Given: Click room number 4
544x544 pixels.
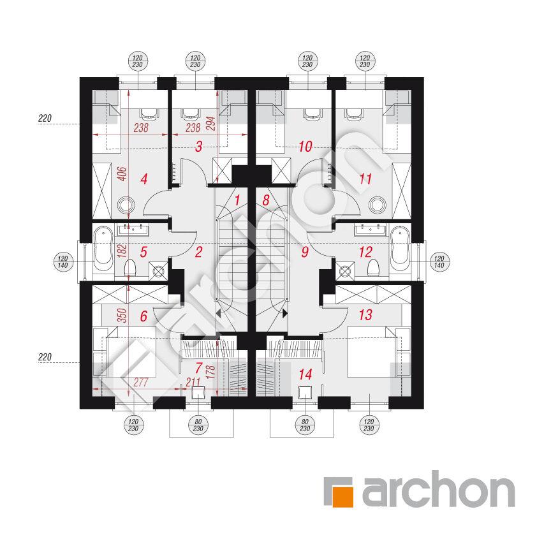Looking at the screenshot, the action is coord(144,179).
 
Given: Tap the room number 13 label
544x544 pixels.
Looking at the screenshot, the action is coord(365,315).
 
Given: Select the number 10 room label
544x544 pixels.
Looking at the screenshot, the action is coord(305,147).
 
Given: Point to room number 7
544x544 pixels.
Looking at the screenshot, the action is coord(199,368).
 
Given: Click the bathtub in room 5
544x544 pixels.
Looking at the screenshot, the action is coord(103,249).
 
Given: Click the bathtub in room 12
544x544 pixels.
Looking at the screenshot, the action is coord(400,249).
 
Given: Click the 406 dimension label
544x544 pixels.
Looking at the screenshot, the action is coord(122,174).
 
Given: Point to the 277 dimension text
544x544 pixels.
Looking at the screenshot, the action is coord(141,382).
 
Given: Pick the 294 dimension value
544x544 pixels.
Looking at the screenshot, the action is coord(210,124).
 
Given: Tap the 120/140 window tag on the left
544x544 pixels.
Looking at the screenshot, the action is coord(63,262).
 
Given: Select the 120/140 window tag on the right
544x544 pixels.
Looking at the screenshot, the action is coord(439,262).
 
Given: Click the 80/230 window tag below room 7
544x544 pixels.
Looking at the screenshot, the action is coord(198,425).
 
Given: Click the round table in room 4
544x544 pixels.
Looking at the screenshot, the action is coord(126,205).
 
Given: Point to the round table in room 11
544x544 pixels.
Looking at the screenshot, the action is coord(378,205).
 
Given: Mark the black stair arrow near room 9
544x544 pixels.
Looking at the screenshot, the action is coord(285,313).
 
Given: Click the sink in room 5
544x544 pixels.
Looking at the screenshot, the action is coord(133,230).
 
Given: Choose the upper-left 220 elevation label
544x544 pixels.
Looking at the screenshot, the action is coord(45,119).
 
